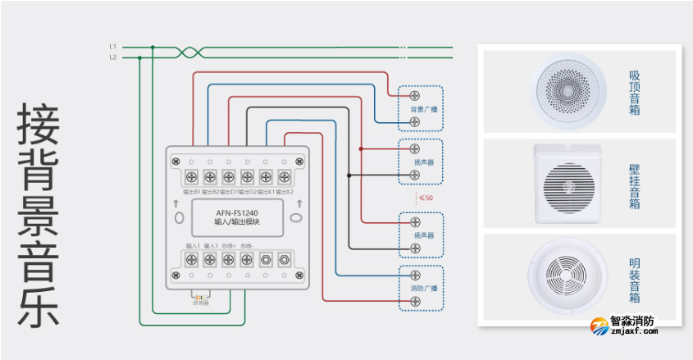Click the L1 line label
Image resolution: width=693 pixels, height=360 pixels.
click(x=112, y=47)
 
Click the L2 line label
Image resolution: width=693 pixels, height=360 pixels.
click(x=112, y=57)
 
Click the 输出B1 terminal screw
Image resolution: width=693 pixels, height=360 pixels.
click(x=191, y=176)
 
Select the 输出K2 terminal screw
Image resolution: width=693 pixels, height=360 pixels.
click(x=284, y=176)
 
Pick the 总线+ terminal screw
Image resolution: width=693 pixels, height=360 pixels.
click(x=228, y=261)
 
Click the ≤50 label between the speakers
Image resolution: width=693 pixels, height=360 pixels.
click(x=426, y=198)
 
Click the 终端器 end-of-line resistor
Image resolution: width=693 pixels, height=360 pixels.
click(x=199, y=296)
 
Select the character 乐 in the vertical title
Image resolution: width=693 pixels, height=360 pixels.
click(x=39, y=308)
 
